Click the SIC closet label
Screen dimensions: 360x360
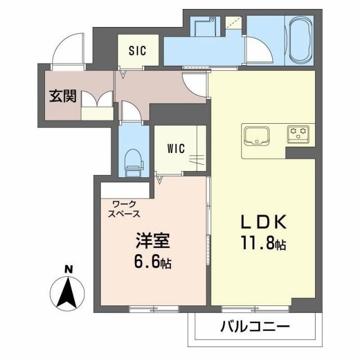(x=137, y=51)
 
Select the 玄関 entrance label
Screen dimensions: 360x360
(x=62, y=97)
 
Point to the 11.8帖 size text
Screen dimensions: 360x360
(x=265, y=245)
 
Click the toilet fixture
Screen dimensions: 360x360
(x=133, y=159)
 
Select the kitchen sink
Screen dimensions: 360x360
(x=257, y=135)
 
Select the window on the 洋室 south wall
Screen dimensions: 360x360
(x=152, y=308)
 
